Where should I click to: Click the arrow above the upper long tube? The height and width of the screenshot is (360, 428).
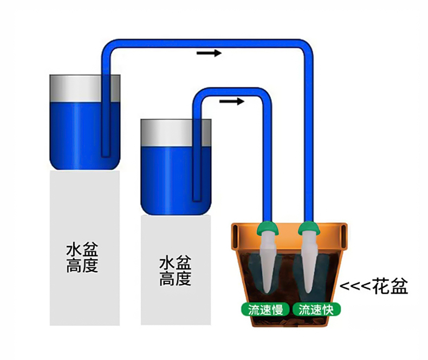point(209,53)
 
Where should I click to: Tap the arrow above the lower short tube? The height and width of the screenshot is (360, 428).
point(232,101)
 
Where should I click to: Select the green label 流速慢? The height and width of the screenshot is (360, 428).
point(265,310)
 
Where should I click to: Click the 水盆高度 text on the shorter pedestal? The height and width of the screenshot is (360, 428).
point(175,271)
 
